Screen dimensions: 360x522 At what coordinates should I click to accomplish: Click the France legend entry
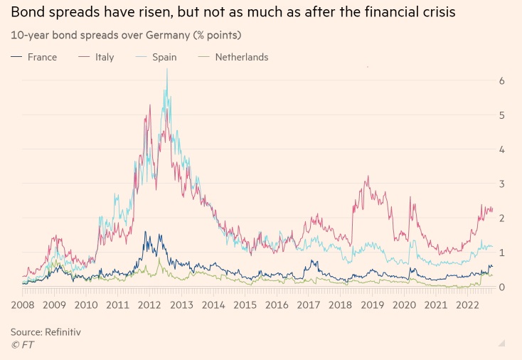point(42,57)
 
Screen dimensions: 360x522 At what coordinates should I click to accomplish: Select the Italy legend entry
point(104,57)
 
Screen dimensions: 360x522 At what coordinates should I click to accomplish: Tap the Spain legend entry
point(164,57)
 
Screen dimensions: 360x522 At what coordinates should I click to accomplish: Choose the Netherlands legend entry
point(242,57)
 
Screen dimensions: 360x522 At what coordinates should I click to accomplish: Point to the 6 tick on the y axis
point(502,81)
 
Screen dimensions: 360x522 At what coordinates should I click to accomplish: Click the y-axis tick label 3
point(502,184)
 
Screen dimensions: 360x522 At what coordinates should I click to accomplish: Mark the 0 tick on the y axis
point(502,287)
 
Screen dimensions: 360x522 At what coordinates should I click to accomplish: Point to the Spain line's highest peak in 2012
point(167,70)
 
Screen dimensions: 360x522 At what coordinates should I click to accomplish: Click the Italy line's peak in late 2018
point(368,177)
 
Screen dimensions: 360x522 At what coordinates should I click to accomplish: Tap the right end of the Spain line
point(492,246)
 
